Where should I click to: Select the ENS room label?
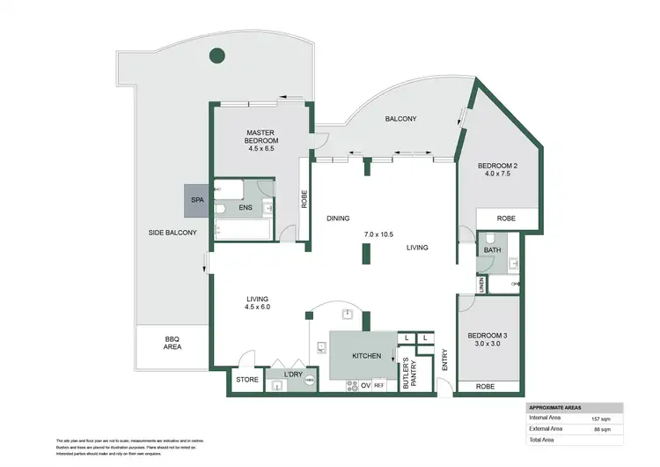(x=246, y=208)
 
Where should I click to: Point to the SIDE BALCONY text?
(x=172, y=233)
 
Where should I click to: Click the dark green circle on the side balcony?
(x=216, y=58)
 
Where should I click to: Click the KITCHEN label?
(x=367, y=356)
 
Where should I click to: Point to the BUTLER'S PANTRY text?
(x=407, y=374)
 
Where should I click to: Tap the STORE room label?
(x=246, y=380)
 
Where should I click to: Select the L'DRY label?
(x=293, y=374)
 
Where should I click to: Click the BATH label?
(x=491, y=250)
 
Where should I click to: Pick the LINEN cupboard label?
(x=481, y=285)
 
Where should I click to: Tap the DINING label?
(x=339, y=219)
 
